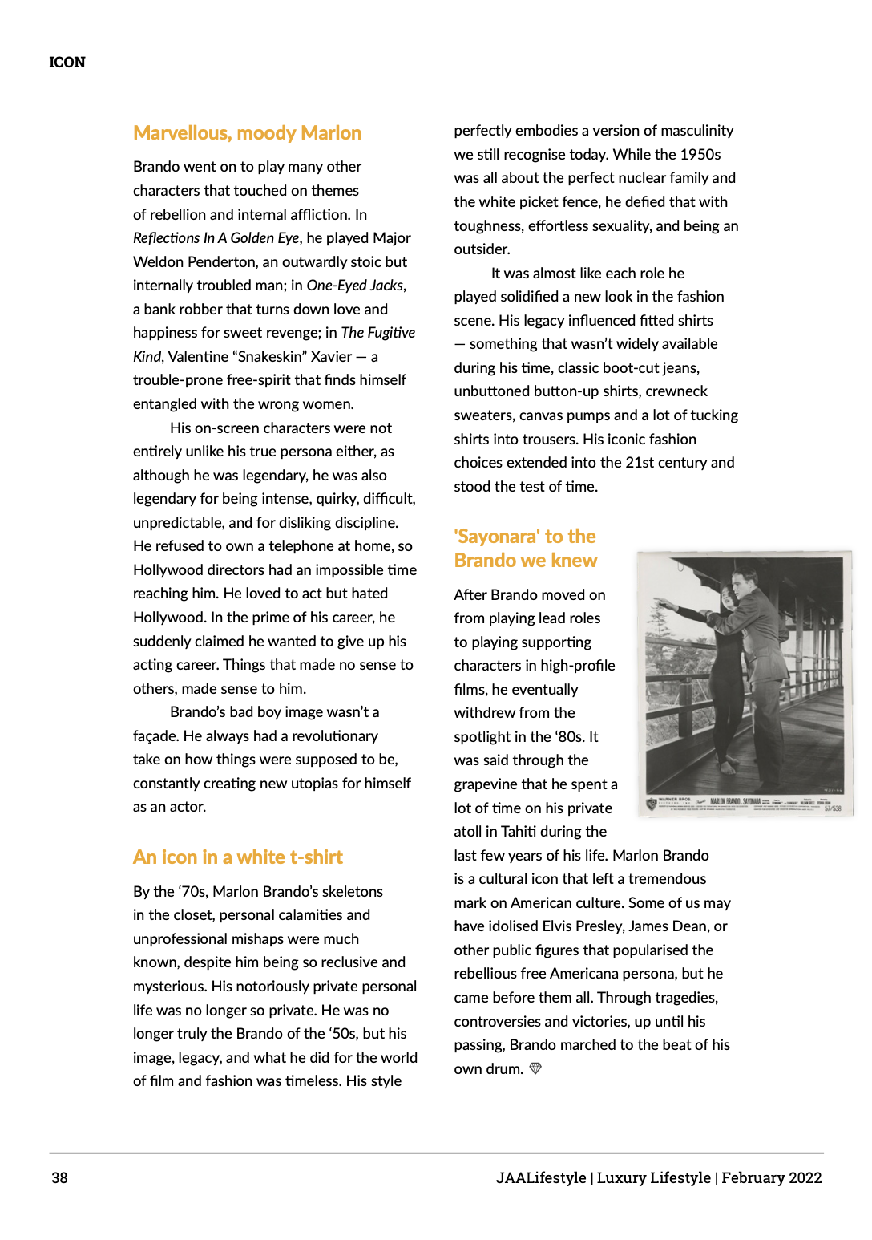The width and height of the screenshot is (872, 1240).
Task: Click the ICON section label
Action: (x=67, y=63)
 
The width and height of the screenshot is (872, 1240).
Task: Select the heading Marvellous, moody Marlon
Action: (x=247, y=133)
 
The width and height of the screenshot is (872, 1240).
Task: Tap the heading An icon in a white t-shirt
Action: (x=237, y=857)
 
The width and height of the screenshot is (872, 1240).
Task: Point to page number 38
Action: (x=60, y=1177)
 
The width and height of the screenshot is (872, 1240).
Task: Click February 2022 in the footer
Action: (x=771, y=1177)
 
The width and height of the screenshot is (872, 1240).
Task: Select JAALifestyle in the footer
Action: (x=541, y=1177)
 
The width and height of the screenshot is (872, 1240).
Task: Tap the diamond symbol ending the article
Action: (x=536, y=1068)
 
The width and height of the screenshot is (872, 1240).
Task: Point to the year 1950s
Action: (x=700, y=155)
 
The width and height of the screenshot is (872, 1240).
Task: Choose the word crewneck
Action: (x=676, y=391)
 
